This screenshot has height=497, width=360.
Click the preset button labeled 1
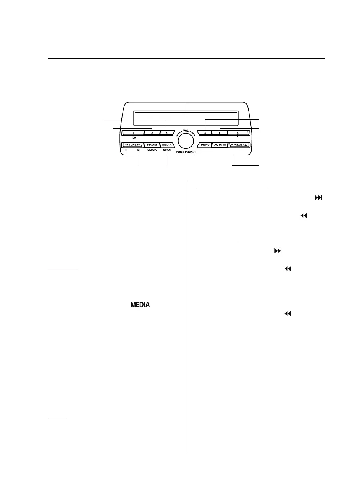[133, 133]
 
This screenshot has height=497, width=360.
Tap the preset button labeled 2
[152, 133]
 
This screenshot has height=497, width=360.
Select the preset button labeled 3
[167, 133]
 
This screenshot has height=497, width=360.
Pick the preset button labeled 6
[238, 133]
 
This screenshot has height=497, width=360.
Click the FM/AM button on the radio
[152, 145]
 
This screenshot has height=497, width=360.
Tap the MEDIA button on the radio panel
[167, 145]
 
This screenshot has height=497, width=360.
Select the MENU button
[205, 145]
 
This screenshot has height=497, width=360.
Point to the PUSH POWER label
[186, 152]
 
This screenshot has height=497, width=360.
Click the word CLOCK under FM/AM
[152, 150]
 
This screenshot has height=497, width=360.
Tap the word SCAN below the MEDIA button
[167, 150]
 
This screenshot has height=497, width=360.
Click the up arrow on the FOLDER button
[246, 145]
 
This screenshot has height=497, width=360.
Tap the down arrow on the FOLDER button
[232, 145]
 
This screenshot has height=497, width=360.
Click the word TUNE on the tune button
[132, 145]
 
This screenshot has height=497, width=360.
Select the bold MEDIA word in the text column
[140, 305]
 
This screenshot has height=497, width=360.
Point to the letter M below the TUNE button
[139, 150]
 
